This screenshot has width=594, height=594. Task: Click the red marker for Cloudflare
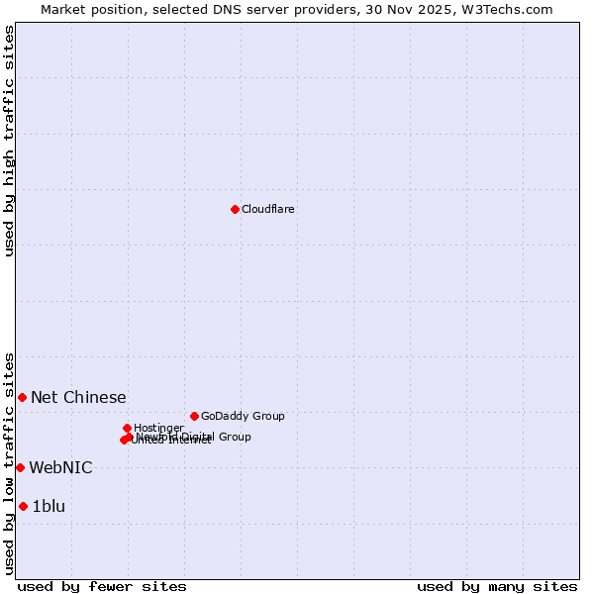click(x=235, y=209)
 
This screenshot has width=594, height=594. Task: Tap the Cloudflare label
click(x=267, y=209)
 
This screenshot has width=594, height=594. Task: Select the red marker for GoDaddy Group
click(x=194, y=416)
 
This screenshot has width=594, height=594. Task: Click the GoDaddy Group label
click(x=243, y=416)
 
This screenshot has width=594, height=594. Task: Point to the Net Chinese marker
click(x=22, y=397)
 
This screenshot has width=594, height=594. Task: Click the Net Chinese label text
click(x=78, y=397)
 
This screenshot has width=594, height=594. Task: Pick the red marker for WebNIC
click(x=20, y=467)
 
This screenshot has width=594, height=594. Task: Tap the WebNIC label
click(x=60, y=467)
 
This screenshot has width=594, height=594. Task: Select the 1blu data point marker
click(x=23, y=506)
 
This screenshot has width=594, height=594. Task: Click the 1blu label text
click(x=49, y=506)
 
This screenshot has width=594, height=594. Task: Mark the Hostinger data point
click(x=127, y=428)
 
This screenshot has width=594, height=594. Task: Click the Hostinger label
click(x=158, y=428)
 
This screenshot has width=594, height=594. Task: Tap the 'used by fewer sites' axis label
click(x=102, y=586)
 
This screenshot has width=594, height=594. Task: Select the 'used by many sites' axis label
click(x=497, y=586)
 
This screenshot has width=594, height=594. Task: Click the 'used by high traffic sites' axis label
click(x=9, y=141)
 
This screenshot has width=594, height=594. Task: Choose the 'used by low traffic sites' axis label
click(x=9, y=462)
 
